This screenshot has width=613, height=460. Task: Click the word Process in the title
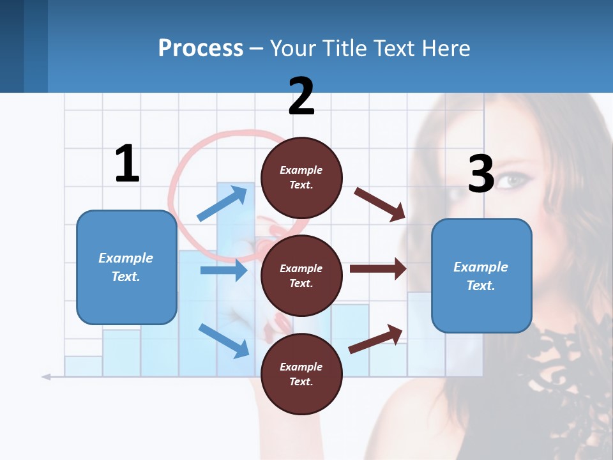tap(201, 48)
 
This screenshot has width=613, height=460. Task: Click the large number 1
tap(127, 164)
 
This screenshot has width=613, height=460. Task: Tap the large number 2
tap(301, 96)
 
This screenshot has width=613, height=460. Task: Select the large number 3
tap(481, 174)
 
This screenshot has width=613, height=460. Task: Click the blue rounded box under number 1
tap(126, 267)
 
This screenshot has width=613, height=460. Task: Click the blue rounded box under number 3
tap(481, 275)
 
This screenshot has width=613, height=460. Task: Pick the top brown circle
tap(301, 178)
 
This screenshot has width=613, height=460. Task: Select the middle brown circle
tap(301, 275)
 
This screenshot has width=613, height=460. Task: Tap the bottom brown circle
tap(301, 374)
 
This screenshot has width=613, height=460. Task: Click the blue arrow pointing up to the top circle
tap(222, 203)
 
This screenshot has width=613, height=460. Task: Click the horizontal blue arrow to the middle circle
tap(223, 270)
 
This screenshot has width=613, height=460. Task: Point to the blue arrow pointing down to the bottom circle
tap(223, 340)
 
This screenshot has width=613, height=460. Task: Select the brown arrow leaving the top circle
tap(380, 204)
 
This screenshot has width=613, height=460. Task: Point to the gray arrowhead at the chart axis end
tap(46, 377)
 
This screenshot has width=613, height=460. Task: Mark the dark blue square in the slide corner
tap(11, 46)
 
